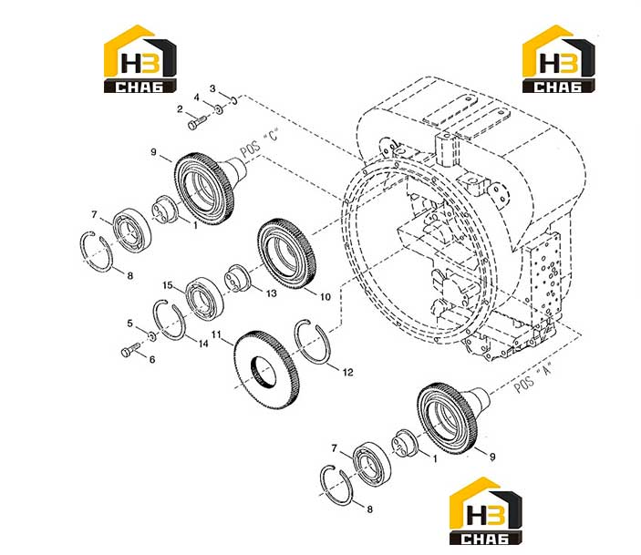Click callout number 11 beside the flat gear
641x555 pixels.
[216, 335]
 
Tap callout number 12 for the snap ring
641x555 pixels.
[348, 373]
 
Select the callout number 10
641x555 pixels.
[325, 297]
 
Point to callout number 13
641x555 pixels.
[272, 293]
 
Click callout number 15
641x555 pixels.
[168, 285]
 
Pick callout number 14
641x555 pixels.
[203, 344]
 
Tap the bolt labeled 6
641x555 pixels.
[130, 350]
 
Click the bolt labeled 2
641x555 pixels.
[198, 122]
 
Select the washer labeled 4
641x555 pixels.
[219, 109]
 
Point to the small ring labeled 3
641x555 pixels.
[234, 99]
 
